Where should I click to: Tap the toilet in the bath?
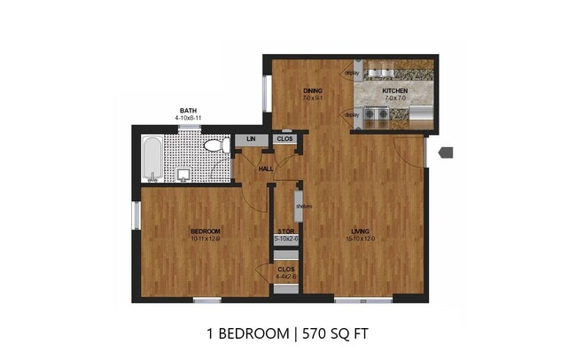(x=213, y=146)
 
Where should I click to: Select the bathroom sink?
(x=183, y=173)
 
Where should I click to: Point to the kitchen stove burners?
(x=378, y=113)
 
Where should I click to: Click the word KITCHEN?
(x=394, y=91)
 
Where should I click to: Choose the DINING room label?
(x=312, y=90)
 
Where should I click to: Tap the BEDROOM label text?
(x=204, y=231)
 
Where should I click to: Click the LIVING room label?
(x=360, y=232)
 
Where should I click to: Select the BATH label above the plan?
(x=187, y=110)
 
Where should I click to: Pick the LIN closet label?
(x=251, y=139)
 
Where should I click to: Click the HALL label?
(x=265, y=168)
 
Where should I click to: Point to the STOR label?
(x=285, y=231)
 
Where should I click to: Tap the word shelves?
(x=304, y=207)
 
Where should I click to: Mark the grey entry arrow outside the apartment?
(x=446, y=153)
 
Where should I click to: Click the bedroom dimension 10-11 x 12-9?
(x=204, y=239)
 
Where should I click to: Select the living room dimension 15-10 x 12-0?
(x=360, y=239)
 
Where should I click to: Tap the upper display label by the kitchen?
(x=351, y=74)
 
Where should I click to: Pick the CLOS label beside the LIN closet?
(x=284, y=139)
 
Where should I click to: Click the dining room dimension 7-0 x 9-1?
(x=312, y=98)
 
